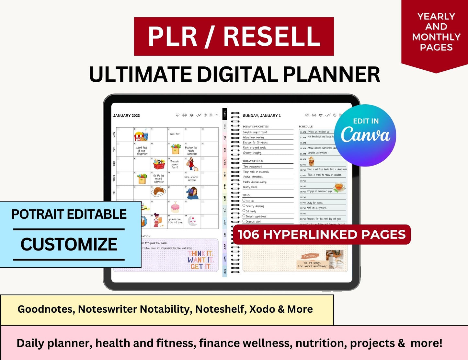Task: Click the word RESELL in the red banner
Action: pos(272,36)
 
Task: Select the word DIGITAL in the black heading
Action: pos(237,75)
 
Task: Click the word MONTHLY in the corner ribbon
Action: pos(436,37)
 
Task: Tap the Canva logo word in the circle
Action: pos(365,135)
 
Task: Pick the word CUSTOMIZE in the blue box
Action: pos(69,244)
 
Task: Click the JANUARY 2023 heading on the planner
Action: pos(126,116)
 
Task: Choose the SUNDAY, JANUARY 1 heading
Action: pos(262,116)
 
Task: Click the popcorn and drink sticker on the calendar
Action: pos(141,135)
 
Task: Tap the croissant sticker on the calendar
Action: pos(158,192)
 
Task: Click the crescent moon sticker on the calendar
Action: pos(192,221)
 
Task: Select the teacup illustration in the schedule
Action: pos(339,187)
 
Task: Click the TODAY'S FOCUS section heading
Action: pos(253,161)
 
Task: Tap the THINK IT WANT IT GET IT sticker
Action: pos(200,260)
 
